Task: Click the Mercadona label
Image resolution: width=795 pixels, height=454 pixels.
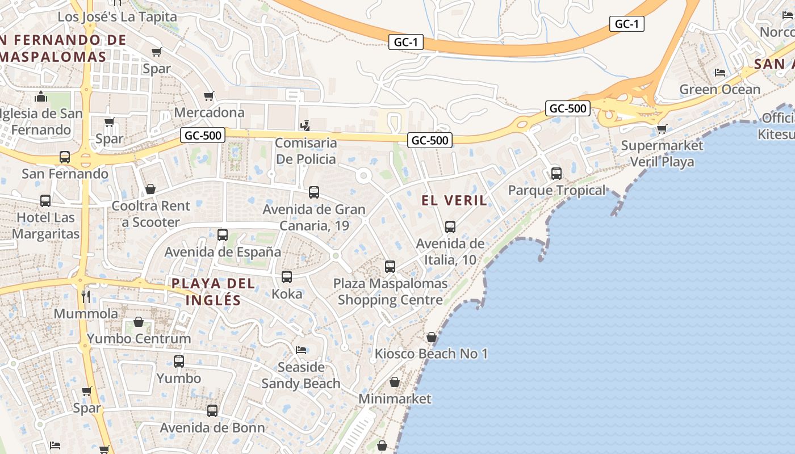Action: [209, 112]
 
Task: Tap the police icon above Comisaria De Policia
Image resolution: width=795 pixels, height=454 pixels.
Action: [306, 125]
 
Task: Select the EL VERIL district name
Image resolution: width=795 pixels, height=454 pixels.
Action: [454, 200]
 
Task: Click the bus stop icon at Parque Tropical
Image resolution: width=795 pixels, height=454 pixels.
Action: [556, 173]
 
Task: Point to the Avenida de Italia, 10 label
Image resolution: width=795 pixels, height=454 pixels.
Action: [450, 251]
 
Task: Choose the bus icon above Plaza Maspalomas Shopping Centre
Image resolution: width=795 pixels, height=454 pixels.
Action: [390, 266]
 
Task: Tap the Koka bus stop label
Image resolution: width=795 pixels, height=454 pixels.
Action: [287, 294]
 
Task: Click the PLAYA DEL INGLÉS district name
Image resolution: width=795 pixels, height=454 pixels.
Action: [214, 292]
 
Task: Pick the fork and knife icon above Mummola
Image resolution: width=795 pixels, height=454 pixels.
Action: [86, 296]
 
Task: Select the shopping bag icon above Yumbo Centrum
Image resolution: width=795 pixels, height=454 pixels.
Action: [139, 322]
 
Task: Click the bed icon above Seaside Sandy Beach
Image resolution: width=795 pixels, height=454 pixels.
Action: [301, 350]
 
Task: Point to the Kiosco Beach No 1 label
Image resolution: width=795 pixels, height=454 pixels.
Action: [431, 354]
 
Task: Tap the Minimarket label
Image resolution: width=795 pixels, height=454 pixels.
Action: [395, 398]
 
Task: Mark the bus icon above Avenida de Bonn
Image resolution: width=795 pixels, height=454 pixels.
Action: [212, 410]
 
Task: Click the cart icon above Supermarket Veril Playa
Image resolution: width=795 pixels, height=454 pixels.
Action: [662, 129]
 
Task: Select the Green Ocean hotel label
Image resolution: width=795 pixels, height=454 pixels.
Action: [719, 90]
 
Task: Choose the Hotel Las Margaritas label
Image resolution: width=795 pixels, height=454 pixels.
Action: [45, 225]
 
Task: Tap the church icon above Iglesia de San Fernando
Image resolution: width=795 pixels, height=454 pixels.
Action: [40, 96]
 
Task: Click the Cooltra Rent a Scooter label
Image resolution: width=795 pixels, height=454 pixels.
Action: [151, 214]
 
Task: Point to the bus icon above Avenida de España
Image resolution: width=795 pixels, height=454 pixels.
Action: [223, 234]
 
